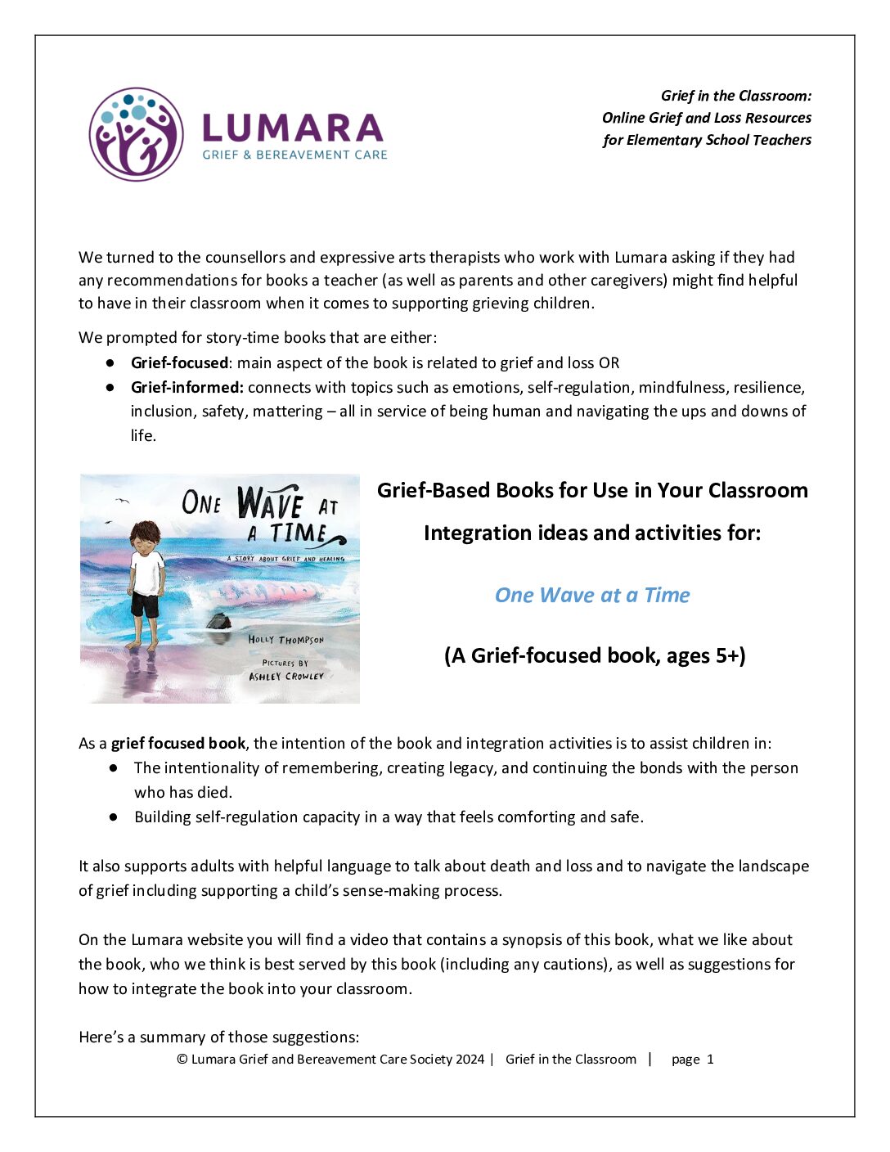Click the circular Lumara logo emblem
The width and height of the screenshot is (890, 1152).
(x=136, y=134)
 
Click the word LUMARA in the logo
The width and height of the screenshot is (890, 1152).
(x=292, y=128)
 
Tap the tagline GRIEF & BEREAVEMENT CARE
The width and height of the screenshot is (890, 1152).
(x=294, y=155)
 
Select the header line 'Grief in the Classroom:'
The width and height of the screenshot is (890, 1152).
(x=736, y=96)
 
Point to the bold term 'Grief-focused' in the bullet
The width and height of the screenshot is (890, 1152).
(x=179, y=362)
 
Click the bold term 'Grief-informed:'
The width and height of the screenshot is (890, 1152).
(x=187, y=387)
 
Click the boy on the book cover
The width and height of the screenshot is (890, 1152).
(x=147, y=581)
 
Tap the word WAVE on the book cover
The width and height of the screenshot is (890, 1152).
(x=270, y=502)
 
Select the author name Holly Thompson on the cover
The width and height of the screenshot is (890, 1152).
(x=285, y=639)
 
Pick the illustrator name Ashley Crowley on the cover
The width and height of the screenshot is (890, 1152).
(x=286, y=677)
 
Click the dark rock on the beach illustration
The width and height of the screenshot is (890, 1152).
(x=218, y=621)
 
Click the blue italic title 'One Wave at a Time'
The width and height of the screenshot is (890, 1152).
(x=592, y=595)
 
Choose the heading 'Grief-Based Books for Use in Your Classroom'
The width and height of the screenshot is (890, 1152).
(x=592, y=490)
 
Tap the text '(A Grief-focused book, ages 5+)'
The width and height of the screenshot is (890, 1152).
(x=595, y=655)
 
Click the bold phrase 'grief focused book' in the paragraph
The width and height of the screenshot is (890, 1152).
(x=178, y=743)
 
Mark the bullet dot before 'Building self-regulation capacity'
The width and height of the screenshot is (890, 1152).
(x=114, y=817)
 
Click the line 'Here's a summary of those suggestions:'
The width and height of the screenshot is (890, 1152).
(x=218, y=1037)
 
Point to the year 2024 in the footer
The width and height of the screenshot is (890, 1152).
(x=470, y=1059)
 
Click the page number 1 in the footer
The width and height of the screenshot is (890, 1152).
(x=710, y=1059)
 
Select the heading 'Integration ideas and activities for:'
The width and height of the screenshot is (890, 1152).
(x=592, y=533)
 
